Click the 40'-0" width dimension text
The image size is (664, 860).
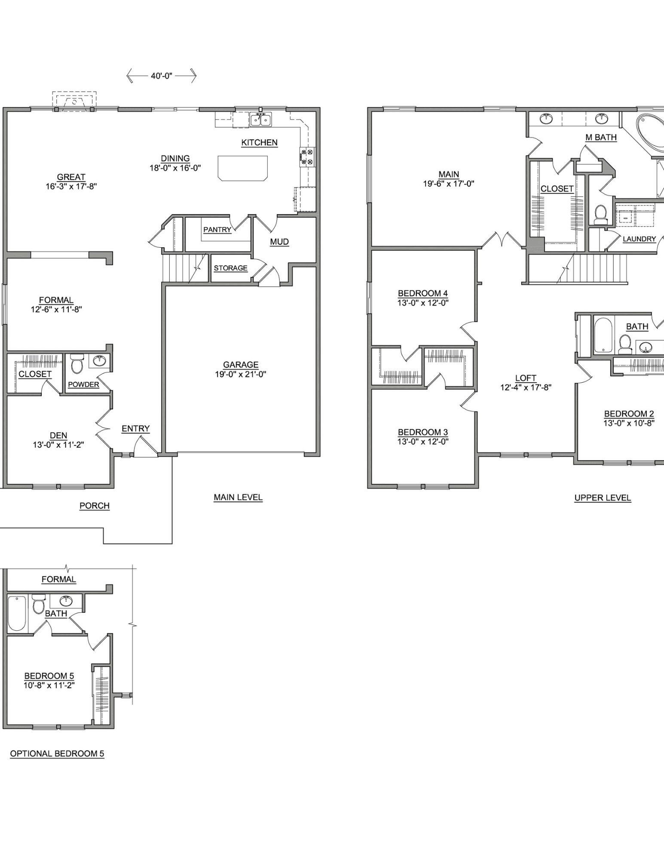[161, 76]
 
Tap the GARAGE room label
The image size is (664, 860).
[241, 365]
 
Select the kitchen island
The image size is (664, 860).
[243, 168]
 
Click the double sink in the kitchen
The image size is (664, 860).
[260, 120]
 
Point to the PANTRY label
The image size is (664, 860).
[217, 230]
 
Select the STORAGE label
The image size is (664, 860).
[230, 268]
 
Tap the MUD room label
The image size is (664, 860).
[279, 242]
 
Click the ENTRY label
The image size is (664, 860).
[135, 428]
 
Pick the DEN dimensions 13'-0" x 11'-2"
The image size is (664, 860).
[58, 445]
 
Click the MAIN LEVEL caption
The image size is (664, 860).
[238, 497]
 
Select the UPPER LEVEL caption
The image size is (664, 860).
[603, 498]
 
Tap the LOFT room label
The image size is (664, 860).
[526, 378]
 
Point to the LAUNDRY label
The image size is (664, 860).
[639, 239]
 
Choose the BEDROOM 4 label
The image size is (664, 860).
[423, 293]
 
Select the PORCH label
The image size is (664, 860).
[95, 506]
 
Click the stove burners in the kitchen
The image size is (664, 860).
[307, 156]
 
